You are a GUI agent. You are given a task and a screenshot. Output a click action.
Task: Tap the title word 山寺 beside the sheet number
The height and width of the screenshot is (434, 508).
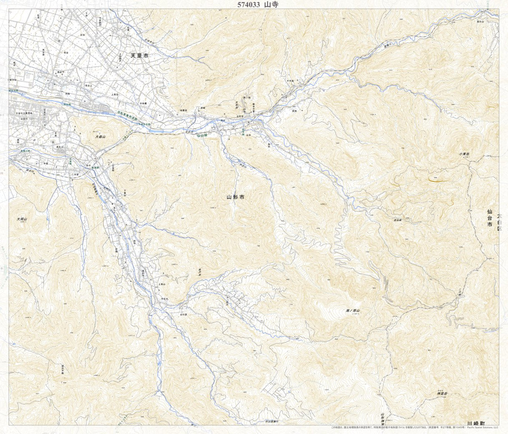271,5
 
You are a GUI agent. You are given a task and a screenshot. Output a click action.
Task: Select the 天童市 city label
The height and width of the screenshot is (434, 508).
140,55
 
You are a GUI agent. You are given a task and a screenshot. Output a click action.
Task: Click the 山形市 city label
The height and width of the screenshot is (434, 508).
236,197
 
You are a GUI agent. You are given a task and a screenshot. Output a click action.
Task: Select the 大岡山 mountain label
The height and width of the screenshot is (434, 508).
22,219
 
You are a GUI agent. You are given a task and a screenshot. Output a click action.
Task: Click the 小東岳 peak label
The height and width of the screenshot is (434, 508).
464,155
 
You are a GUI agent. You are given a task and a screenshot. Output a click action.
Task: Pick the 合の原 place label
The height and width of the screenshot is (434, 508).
182,315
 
